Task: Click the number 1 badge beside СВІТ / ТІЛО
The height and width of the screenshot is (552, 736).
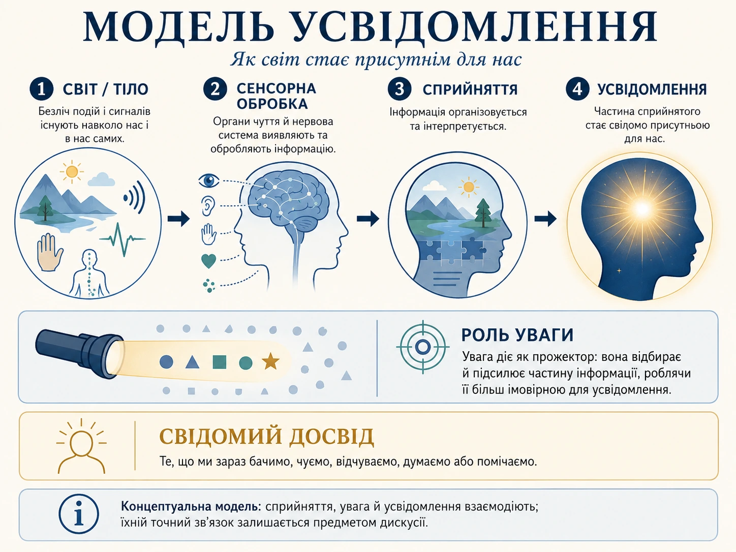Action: pos(41,89)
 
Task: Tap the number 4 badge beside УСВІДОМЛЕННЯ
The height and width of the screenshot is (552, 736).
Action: pos(577,89)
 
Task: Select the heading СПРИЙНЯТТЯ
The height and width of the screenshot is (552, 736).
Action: pos(470,89)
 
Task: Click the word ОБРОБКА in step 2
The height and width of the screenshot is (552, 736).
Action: pos(272,104)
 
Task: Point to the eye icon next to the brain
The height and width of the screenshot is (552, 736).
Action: pos(208,180)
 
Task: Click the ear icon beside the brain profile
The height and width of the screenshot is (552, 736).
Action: pos(208,206)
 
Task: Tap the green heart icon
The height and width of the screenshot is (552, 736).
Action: pos(208,261)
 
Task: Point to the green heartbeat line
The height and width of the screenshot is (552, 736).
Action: pos(122,239)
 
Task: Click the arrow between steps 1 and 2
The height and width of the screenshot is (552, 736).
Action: pos(179,219)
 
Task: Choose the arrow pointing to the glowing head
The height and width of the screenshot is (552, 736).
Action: pos(545,219)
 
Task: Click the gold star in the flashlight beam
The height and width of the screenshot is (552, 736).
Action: pos(270,361)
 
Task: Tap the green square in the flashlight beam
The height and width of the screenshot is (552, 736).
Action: pos(220,362)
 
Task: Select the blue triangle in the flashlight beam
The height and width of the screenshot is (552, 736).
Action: pos(193,362)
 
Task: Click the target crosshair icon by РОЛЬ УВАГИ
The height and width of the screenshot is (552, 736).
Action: pos(423,347)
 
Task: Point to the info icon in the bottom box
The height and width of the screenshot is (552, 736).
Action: pos(79,514)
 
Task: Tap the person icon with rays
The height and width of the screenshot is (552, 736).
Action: pos(81,446)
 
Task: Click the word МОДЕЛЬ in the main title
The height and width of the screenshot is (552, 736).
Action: pos(178,27)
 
